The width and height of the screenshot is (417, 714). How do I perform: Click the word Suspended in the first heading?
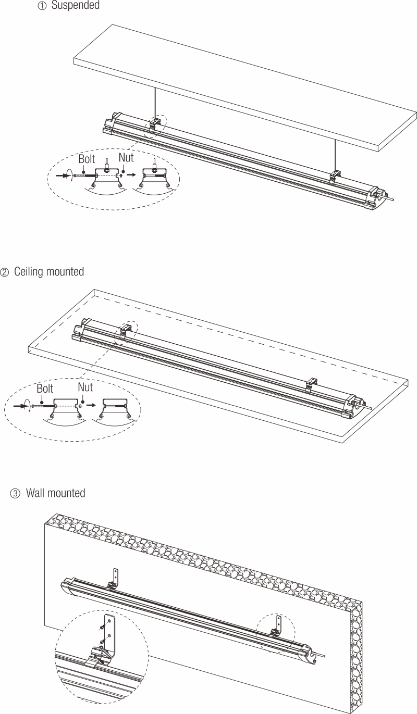tap(75, 6)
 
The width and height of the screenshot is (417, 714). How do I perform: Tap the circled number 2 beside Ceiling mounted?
tap(5, 272)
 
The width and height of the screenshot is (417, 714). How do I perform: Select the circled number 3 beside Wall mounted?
tap(15, 493)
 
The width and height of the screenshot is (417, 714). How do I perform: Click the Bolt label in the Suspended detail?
tap(87, 159)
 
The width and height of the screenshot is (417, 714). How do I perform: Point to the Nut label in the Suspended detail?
tap(126, 157)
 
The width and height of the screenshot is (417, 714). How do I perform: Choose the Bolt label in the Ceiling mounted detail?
tap(45, 389)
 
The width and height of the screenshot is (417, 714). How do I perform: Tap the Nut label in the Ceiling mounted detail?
tap(85, 387)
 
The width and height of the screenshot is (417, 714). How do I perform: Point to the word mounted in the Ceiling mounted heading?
tap(64, 272)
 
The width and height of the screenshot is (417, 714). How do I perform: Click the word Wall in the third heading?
tap(35, 493)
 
